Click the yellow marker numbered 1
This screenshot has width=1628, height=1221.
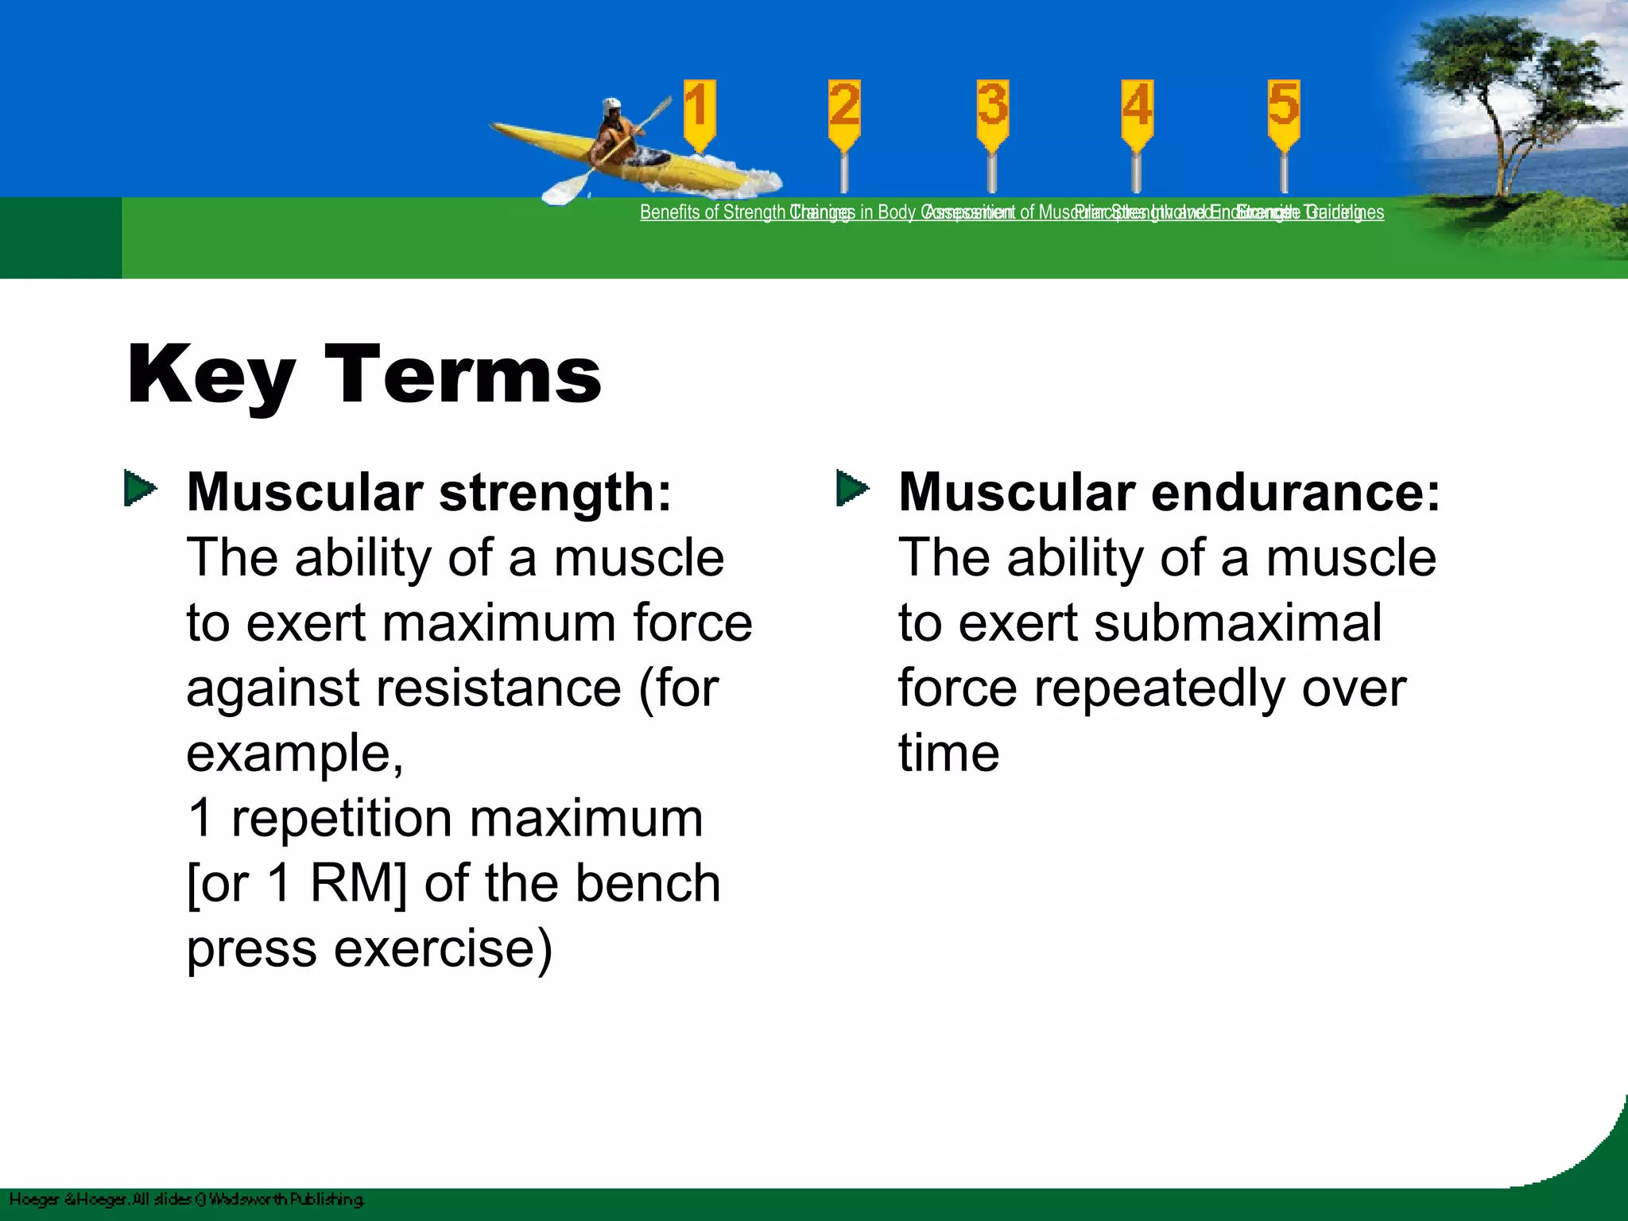tap(699, 112)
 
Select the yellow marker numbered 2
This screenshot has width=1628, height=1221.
tap(844, 112)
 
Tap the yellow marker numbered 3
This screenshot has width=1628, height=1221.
tap(992, 112)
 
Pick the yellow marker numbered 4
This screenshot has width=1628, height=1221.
tap(1137, 112)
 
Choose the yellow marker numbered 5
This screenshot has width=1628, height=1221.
tap(1284, 112)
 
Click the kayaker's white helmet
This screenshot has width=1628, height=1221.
tap(611, 106)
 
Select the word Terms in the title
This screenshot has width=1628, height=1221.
tap(463, 374)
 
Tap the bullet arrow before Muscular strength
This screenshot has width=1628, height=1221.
tap(140, 488)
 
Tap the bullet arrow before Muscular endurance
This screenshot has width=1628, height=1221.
tap(852, 488)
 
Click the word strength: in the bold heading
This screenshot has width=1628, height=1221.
tap(555, 492)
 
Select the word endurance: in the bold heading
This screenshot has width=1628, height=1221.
tap(1296, 492)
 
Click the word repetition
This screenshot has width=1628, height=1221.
tap(342, 818)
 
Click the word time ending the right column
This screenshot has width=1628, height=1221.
tap(948, 753)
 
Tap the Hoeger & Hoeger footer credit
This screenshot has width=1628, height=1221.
tap(186, 1199)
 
